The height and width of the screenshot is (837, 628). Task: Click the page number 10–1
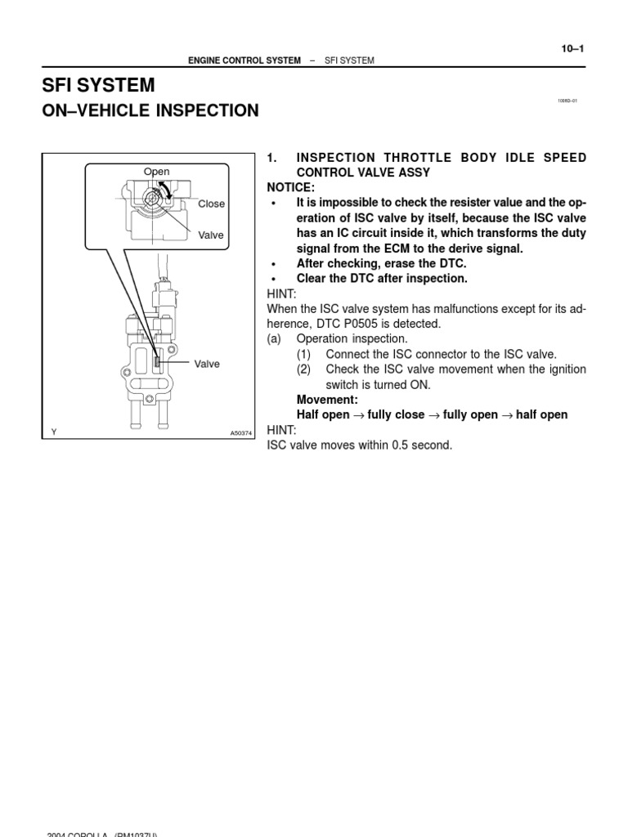pyautogui.click(x=572, y=48)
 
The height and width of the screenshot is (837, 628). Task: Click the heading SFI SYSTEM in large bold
pyautogui.click(x=98, y=85)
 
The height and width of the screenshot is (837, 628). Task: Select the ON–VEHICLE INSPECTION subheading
pyautogui.click(x=150, y=110)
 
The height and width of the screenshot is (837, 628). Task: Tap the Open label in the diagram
pyautogui.click(x=156, y=172)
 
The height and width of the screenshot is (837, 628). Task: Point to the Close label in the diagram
pyautogui.click(x=211, y=204)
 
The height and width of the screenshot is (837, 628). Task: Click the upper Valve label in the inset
pyautogui.click(x=210, y=235)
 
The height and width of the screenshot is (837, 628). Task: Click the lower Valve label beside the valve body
pyautogui.click(x=207, y=364)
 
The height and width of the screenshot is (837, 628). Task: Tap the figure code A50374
pyautogui.click(x=242, y=433)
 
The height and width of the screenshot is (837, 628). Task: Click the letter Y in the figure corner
pyautogui.click(x=53, y=433)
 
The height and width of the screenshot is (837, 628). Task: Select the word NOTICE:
pyautogui.click(x=290, y=188)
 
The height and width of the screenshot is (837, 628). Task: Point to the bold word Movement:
pyautogui.click(x=327, y=400)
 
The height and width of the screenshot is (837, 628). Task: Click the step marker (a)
pyautogui.click(x=275, y=338)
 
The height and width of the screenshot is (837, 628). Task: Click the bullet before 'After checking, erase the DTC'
pyautogui.click(x=274, y=264)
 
